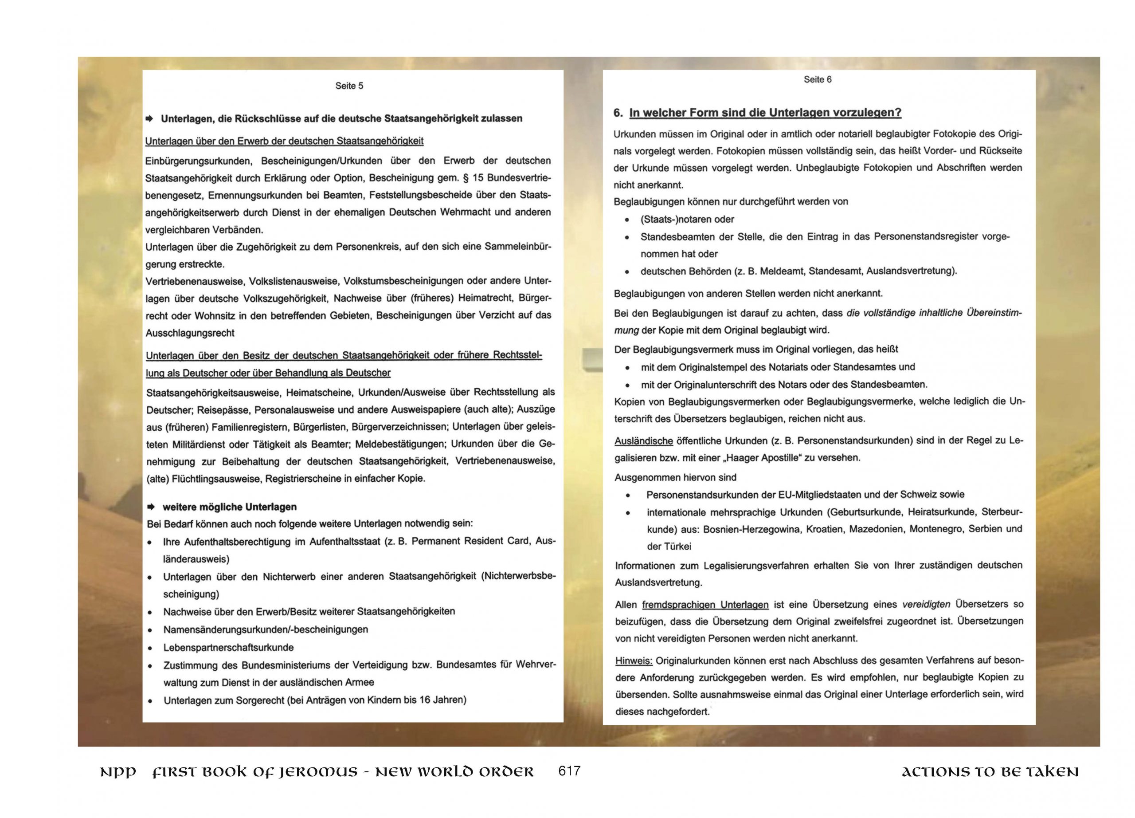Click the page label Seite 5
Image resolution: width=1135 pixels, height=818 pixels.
pos(349,86)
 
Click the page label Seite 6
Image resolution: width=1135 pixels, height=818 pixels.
pos(817,79)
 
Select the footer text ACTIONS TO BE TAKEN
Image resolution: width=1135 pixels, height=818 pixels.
pos(990,772)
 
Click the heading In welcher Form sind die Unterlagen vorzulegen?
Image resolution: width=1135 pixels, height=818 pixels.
pos(765,113)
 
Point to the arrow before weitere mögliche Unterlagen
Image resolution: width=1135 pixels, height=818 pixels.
pos(151,507)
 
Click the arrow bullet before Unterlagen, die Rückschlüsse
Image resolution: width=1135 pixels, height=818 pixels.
pos(149,118)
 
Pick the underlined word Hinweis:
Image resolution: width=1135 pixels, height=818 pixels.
pos(634,661)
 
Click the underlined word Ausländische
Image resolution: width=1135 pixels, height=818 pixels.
pos(644,441)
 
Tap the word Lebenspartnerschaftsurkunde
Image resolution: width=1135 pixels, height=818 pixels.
pos(228,647)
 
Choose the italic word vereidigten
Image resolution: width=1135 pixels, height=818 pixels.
pos(926,604)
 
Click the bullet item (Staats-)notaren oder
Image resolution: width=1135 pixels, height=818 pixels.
pos(687,219)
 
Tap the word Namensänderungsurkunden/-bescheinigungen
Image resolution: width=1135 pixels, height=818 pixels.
pos(265,629)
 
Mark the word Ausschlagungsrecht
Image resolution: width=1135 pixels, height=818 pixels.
pos(190,333)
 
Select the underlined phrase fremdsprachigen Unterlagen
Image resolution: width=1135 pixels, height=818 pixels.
pos(704,605)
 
